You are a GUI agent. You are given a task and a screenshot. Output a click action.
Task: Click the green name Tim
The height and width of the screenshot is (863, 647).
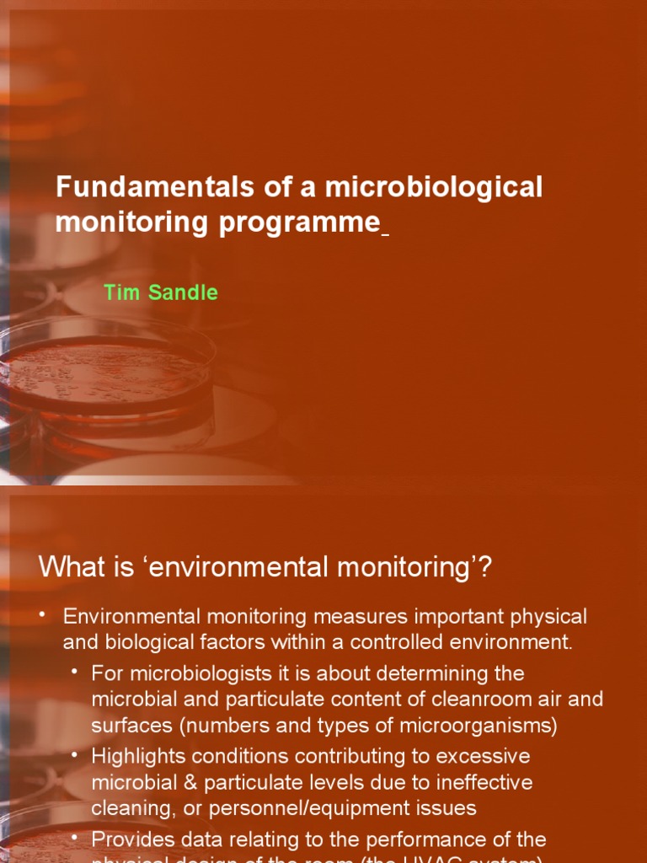point(120,293)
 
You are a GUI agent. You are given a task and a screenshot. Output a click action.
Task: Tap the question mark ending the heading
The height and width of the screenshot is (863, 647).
point(484,568)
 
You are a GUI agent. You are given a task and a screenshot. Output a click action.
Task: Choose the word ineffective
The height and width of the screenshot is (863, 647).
point(483,782)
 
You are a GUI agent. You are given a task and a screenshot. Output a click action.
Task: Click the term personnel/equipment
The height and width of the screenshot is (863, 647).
point(305,808)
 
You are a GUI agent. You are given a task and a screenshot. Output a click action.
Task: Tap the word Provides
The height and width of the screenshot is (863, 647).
point(131,839)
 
